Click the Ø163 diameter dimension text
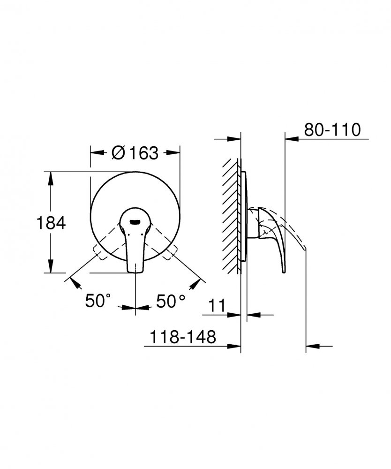pos(135,153)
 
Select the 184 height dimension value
pos(51,223)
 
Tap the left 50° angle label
pos(98,301)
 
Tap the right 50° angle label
pos(171,301)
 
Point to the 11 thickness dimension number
pos(217,306)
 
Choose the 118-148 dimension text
pos(183,337)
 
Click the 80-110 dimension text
pos(332,130)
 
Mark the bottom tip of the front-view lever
pos(135,272)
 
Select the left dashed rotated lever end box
pos(99,252)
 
